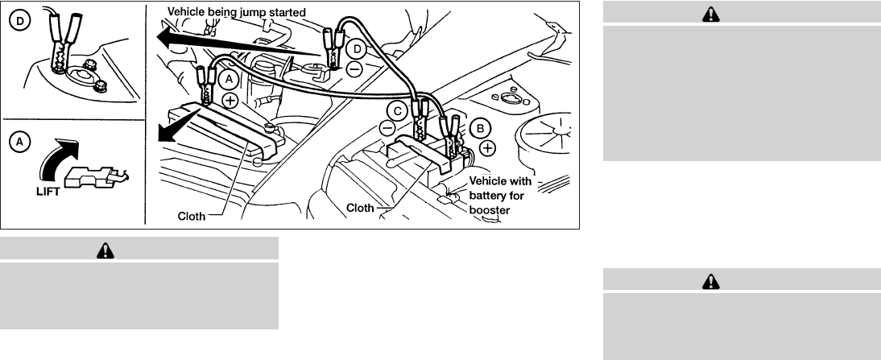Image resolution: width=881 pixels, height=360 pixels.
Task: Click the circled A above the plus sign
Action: [x=227, y=79]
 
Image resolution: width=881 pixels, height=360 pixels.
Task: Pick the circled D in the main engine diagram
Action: [x=357, y=51]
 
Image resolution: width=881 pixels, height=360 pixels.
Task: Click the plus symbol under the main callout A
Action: [x=230, y=101]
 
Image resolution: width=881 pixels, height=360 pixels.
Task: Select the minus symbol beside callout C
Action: [x=387, y=127]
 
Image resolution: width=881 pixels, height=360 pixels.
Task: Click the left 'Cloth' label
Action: [x=191, y=216]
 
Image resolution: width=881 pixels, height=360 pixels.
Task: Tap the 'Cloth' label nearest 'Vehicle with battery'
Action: [x=360, y=208]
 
